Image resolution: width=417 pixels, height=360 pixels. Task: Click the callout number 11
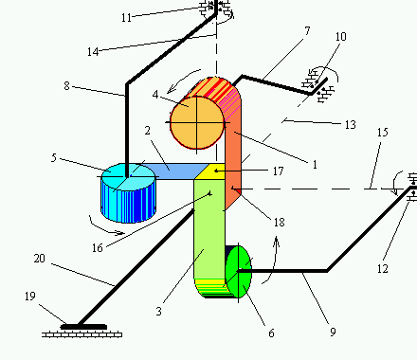pyautogui.click(x=126, y=18)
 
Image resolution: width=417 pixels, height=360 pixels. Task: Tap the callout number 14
pyautogui.click(x=93, y=52)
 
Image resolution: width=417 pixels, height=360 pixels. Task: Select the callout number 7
pyautogui.click(x=307, y=31)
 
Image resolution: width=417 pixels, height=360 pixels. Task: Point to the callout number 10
pyautogui.click(x=340, y=37)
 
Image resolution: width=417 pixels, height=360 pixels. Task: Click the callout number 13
pyautogui.click(x=351, y=125)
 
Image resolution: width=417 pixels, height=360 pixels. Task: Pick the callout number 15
pyautogui.click(x=382, y=133)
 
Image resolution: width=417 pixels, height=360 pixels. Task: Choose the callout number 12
pyautogui.click(x=382, y=269)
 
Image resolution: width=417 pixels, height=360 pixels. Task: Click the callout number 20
pyautogui.click(x=40, y=259)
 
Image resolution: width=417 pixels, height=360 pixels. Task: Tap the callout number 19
pyautogui.click(x=30, y=297)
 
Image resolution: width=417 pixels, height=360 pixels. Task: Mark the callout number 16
pyautogui.click(x=98, y=248)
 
